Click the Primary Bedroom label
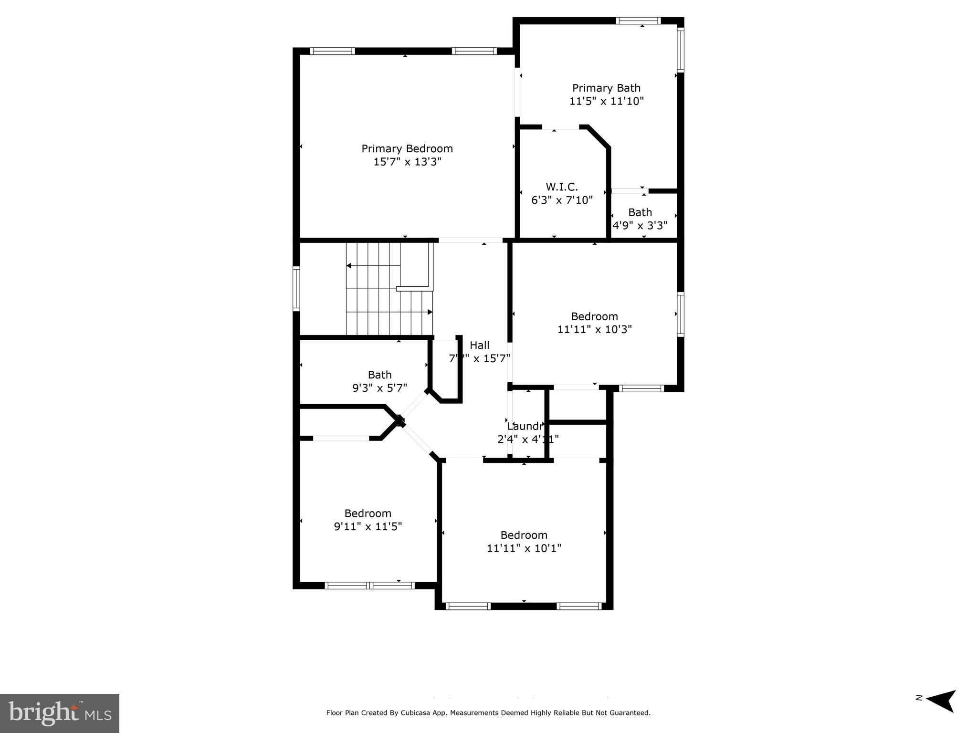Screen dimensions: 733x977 [407, 148]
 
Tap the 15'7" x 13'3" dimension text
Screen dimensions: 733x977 [407, 162]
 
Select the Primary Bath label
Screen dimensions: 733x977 [606, 88]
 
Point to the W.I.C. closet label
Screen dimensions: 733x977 [562, 187]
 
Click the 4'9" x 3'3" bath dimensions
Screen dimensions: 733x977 [640, 225]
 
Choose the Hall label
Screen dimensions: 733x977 [479, 345]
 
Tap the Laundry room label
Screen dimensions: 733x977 [525, 426]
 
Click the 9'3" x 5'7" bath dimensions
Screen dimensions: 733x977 [379, 388]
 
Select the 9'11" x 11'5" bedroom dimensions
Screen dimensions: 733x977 [368, 526]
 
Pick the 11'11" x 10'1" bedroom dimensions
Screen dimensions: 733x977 [524, 548]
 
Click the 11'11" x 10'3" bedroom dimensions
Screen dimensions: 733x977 [594, 329]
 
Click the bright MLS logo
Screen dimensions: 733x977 [60, 713]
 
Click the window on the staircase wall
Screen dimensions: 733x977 [296, 289]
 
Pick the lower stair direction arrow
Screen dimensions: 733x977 [429, 312]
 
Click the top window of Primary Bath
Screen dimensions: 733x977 [638, 21]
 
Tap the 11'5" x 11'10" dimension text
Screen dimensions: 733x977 [606, 101]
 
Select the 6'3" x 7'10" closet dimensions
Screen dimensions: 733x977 [562, 200]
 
